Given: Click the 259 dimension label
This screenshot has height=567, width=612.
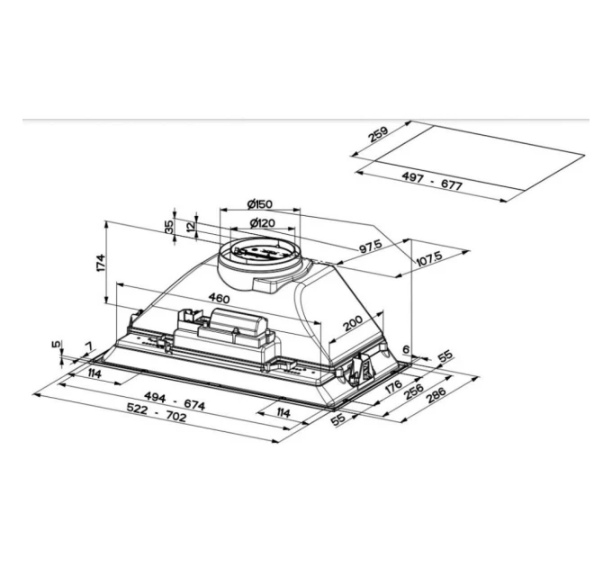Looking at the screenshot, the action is tap(377, 135).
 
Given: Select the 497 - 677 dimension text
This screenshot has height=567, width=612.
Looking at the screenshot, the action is tap(432, 182).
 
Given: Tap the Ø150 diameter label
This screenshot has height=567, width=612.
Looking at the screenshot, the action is tap(259, 203).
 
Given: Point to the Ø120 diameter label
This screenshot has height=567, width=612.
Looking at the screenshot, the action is tap(262, 223).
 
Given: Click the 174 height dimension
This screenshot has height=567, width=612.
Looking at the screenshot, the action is tap(101, 263).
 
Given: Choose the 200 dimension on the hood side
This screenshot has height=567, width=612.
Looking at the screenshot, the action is tap(353, 323).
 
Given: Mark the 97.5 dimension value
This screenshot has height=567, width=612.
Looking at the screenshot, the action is tap(371, 247).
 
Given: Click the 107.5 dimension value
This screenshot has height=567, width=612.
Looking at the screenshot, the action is tap(428, 258).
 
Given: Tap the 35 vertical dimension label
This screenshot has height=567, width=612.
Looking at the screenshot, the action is tap(169, 227).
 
